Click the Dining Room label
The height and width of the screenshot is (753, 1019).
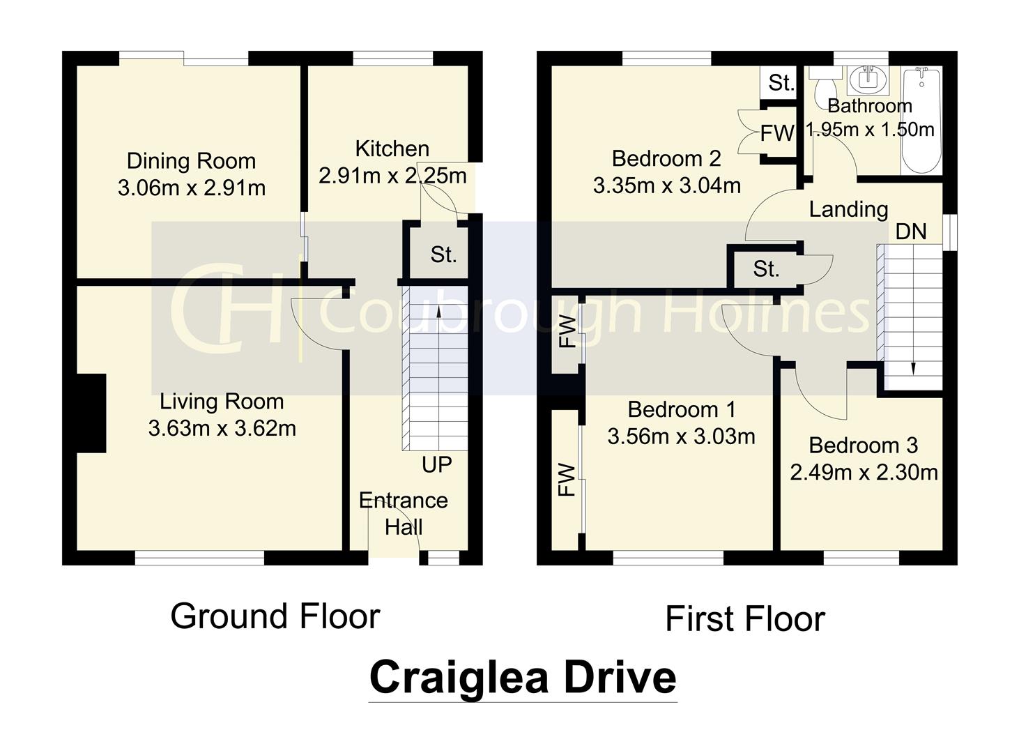pos(191,161)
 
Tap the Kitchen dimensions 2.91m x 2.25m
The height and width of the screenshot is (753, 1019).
pos(392,176)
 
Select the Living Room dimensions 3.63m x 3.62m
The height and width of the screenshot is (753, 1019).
pos(222,428)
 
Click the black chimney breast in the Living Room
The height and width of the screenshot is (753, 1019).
pos(91,413)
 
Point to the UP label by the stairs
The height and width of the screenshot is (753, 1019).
pos(436,464)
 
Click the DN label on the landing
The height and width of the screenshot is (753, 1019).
pos(911,231)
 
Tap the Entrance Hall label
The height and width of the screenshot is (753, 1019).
pos(403,513)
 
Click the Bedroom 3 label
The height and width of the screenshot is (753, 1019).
pos(863,446)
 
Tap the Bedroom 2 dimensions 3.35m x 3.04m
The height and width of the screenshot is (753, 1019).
pos(666,186)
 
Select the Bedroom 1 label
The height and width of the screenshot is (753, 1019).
pos(681,409)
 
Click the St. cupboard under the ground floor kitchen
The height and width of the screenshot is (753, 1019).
pos(443,254)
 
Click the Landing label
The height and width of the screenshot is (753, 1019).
pos(848,209)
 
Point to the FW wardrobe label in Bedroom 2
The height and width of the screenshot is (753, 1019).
pos(776,133)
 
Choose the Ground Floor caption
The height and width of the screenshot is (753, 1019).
pos(275,616)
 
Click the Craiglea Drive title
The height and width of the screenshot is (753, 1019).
pos(522,677)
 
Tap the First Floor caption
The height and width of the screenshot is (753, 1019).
pos(744,619)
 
